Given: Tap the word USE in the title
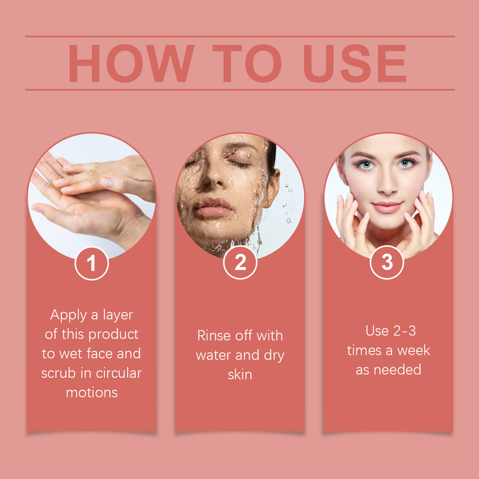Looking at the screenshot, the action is (355, 63).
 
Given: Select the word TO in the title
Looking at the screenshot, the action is (247, 63).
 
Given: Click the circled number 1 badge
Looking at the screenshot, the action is (92, 263).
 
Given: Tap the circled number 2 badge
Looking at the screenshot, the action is (240, 262).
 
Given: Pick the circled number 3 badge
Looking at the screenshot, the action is (387, 262).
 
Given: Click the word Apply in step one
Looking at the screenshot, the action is (68, 315).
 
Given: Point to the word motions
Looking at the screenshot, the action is (92, 392).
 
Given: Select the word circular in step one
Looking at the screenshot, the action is (118, 373).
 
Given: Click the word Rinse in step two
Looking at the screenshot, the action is (214, 335).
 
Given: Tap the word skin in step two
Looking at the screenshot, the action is (240, 375).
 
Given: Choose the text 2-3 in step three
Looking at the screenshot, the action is (405, 331).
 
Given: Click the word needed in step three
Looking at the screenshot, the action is (398, 370).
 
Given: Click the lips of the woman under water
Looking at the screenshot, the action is (213, 207).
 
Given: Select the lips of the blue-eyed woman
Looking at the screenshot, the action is (387, 207).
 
